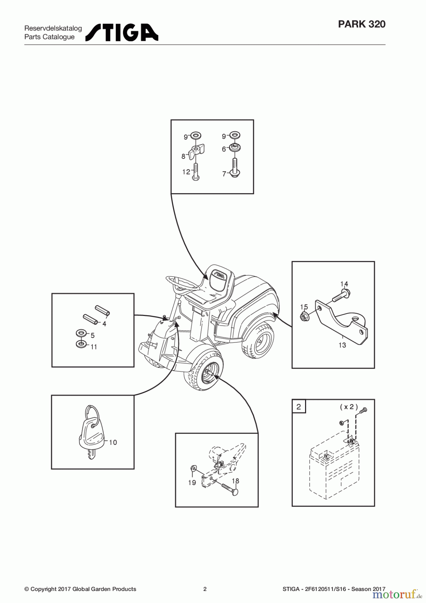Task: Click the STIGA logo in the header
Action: pyautogui.click(x=122, y=32)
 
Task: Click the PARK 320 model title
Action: pyautogui.click(x=361, y=24)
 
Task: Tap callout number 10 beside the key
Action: pyautogui.click(x=113, y=443)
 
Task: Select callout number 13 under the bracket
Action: pyautogui.click(x=342, y=345)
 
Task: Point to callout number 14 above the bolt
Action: pyautogui.click(x=344, y=284)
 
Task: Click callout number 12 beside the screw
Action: pyautogui.click(x=186, y=172)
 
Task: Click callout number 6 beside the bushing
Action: pyautogui.click(x=224, y=149)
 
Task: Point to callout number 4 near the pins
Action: pyautogui.click(x=104, y=324)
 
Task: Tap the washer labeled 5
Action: pyautogui.click(x=81, y=334)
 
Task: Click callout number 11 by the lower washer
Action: pyautogui.click(x=94, y=347)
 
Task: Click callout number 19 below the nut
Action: pyautogui.click(x=192, y=483)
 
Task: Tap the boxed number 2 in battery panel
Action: pyautogui.click(x=299, y=407)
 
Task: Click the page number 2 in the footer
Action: pyautogui.click(x=205, y=589)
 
